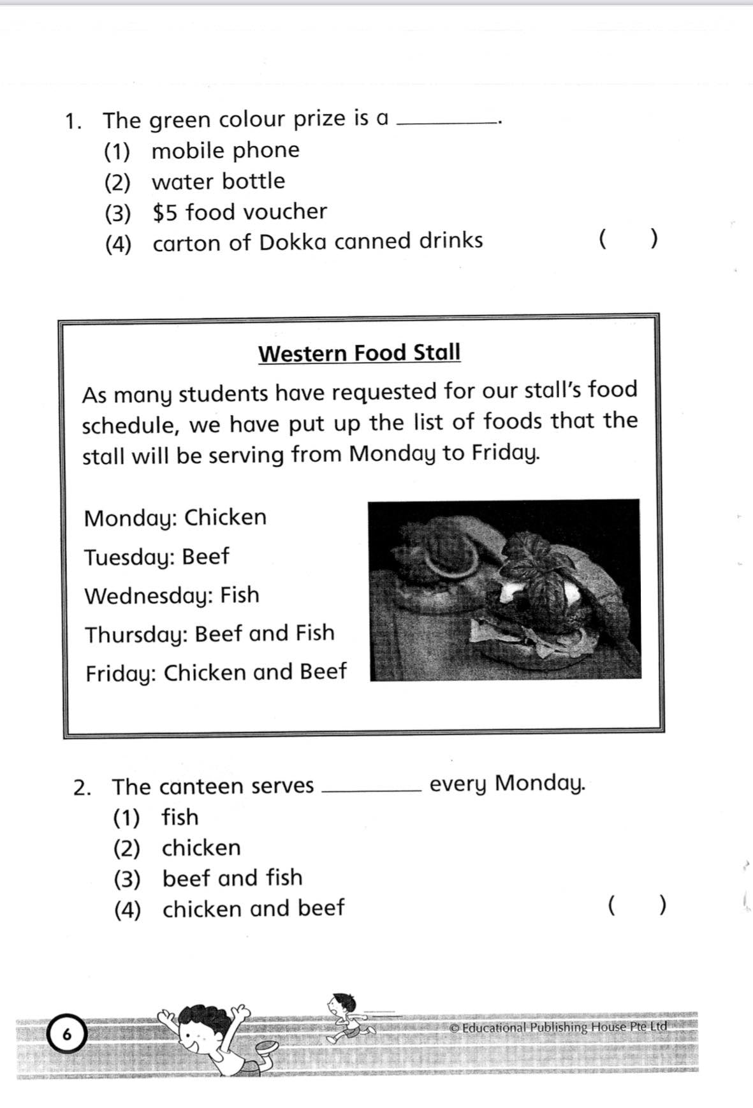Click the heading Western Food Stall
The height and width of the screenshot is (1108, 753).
click(359, 353)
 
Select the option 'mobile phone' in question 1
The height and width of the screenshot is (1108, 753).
click(225, 151)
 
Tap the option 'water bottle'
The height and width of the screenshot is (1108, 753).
click(218, 182)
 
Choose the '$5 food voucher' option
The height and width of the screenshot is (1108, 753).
click(240, 212)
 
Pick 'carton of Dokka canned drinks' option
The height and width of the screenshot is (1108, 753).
click(318, 242)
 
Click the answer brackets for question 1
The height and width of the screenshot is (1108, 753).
click(628, 240)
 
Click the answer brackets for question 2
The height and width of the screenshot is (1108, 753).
click(637, 905)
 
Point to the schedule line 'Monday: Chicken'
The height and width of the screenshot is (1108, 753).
click(175, 518)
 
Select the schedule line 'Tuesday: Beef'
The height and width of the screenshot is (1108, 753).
click(156, 557)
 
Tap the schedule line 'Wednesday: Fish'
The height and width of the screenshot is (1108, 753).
click(172, 595)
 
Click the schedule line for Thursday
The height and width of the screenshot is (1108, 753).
click(210, 634)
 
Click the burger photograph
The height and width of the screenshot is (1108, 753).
click(505, 590)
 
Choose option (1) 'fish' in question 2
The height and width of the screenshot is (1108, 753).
click(180, 817)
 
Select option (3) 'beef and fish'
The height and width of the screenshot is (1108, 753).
click(232, 878)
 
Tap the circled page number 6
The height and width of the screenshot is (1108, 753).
click(66, 1035)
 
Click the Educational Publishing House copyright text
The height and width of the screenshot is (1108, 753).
click(558, 1027)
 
